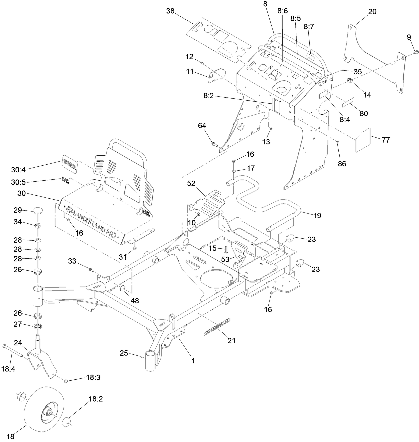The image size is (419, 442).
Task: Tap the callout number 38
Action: [170, 11]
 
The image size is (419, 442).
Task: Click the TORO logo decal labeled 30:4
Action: [69, 164]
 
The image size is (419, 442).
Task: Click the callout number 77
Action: [385, 140]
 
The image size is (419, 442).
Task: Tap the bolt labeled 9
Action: [416, 52]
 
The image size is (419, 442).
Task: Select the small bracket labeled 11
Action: [216, 75]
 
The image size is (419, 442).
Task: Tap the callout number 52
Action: [191, 183]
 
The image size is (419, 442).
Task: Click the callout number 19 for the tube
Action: [317, 215]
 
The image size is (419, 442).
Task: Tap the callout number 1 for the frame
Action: [193, 360]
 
